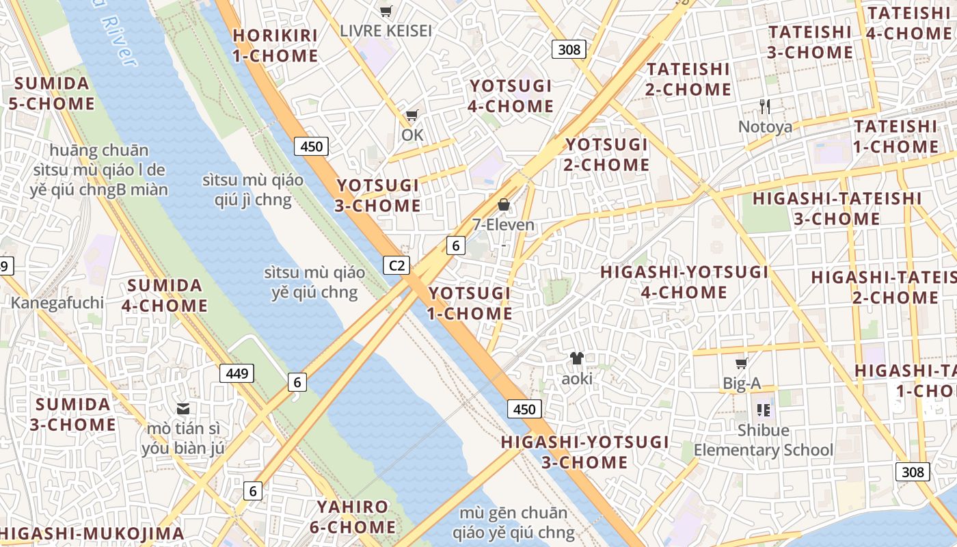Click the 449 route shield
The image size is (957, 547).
(x=237, y=373)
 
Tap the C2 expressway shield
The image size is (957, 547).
(x=396, y=265)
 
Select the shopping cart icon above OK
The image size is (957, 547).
(x=412, y=116)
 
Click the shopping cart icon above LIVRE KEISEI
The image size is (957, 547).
(x=386, y=11)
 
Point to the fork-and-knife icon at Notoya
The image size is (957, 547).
(x=765, y=106)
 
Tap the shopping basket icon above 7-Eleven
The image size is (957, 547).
(x=504, y=204)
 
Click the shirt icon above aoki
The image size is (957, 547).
(x=577, y=358)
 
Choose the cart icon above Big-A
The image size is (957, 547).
(x=741, y=363)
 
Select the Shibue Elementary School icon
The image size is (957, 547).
(x=764, y=410)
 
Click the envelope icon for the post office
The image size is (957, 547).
(x=183, y=409)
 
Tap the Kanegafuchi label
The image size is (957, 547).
(x=57, y=303)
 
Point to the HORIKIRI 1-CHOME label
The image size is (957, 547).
(x=275, y=45)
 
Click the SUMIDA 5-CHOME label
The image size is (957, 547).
(x=52, y=94)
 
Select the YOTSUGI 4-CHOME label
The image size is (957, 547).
(x=511, y=96)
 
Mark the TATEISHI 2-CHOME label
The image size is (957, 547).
(x=688, y=79)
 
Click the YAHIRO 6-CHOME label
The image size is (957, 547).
(x=355, y=517)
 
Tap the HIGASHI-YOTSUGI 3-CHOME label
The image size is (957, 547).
(x=584, y=452)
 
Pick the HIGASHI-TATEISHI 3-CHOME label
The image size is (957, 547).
(x=837, y=209)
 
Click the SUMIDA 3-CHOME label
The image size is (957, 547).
(x=72, y=414)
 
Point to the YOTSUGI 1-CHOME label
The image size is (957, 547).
(x=470, y=303)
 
